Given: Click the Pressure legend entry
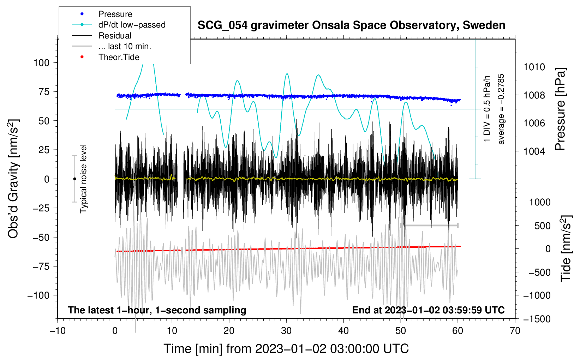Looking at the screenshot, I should click(115, 14).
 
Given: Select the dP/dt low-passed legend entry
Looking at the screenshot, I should click(132, 25).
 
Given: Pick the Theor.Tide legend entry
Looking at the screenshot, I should click(119, 57).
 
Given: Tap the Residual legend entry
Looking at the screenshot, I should click(115, 36).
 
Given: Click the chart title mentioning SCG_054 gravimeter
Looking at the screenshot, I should click(351, 25).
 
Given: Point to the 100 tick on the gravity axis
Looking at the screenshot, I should click(41, 63).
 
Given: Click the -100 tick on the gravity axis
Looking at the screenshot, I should click(38, 295).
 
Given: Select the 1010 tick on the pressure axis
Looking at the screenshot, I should click(534, 67).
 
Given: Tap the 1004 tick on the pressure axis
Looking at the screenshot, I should click(534, 151).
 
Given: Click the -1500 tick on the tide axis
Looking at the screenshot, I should click(537, 319).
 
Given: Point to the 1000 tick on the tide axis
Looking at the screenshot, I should click(540, 202).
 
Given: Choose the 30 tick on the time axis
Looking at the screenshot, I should click(286, 331).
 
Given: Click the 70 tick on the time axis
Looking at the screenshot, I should click(515, 331).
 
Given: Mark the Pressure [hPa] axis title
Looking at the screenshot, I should click(560, 109).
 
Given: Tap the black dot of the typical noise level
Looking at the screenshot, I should click(74, 179).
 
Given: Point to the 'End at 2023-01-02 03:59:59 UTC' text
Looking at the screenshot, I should click(428, 310).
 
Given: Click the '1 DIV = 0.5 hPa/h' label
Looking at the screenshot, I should click(487, 109).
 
